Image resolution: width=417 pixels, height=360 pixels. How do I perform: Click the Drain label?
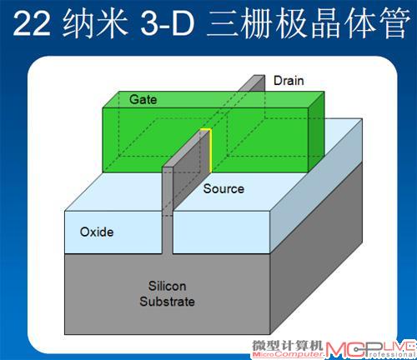(289, 81)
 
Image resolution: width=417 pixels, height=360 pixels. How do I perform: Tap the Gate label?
(143, 99)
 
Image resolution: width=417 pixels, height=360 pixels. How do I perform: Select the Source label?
(224, 189)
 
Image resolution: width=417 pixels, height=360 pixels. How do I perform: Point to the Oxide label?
(97, 232)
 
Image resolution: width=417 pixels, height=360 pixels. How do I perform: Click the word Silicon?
(167, 286)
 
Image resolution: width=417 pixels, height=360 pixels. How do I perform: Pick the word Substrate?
(167, 302)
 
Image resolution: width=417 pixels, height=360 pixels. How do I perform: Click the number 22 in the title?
(32, 23)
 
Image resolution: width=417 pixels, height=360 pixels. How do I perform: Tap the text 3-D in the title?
(168, 23)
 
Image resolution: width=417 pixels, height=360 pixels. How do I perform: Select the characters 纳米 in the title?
(95, 22)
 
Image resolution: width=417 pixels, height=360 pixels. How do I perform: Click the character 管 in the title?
(395, 22)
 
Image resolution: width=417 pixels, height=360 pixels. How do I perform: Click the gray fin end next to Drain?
(252, 82)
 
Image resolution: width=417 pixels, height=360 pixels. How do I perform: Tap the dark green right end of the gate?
(316, 132)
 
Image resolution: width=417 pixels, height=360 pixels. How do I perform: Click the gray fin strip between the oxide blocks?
(167, 233)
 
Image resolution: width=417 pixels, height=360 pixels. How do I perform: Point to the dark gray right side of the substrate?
(316, 247)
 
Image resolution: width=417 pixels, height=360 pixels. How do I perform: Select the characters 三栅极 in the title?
(258, 22)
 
